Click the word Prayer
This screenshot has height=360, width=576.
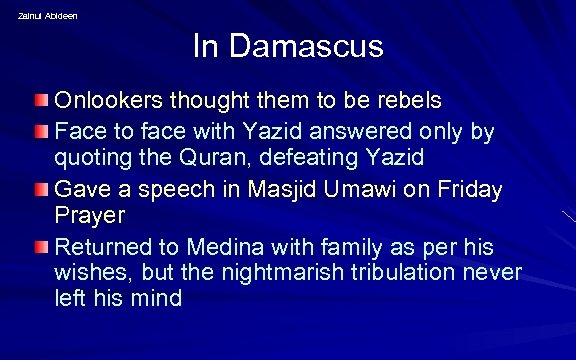tap(89, 215)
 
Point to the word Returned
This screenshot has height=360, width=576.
tap(101, 246)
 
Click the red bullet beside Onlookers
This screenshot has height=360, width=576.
tap(39, 101)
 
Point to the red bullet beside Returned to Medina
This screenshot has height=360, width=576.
tap(39, 247)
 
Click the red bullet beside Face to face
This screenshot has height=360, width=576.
tap(39, 131)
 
